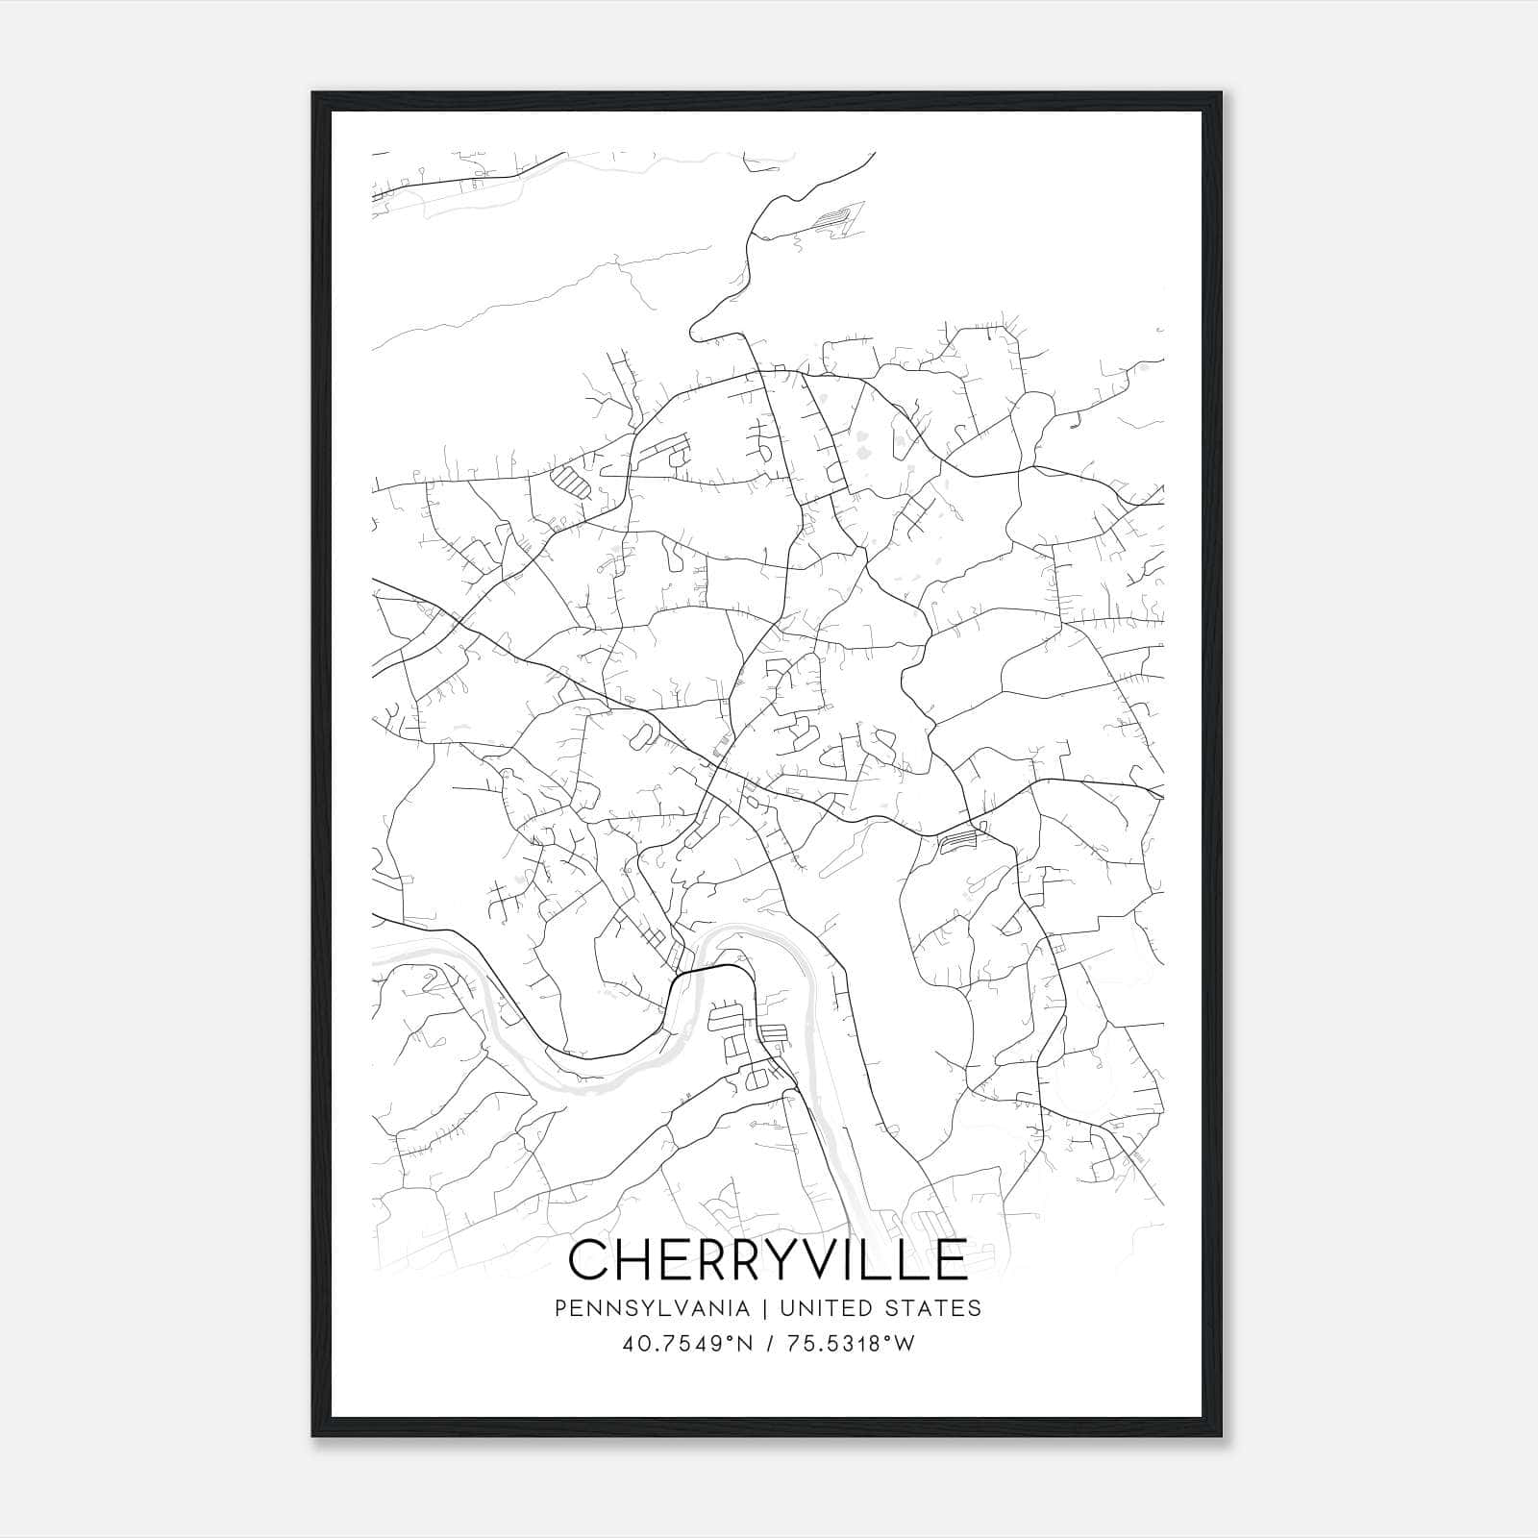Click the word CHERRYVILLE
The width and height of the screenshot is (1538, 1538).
coord(767,1259)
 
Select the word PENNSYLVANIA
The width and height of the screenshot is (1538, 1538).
coord(651,1308)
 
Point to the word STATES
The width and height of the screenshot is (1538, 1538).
coord(937,1308)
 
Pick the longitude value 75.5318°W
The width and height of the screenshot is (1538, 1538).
coord(851,1344)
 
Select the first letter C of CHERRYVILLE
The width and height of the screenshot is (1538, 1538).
coord(589,1259)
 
